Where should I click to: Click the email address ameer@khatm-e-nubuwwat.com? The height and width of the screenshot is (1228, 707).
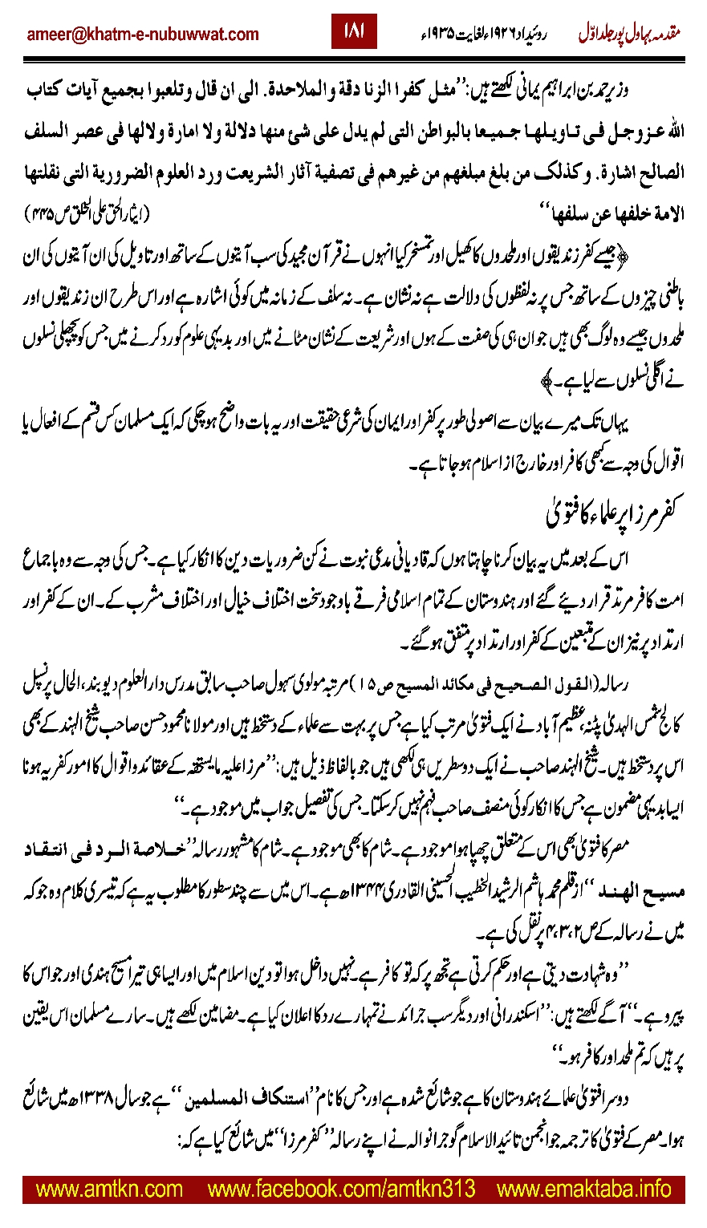click(144, 34)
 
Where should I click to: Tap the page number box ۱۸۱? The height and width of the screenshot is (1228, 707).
click(354, 32)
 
